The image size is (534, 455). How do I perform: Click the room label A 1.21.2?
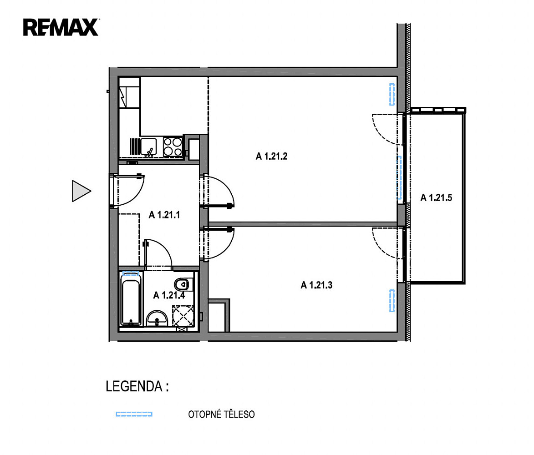click(x=271, y=156)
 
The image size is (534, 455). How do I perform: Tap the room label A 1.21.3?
click(x=316, y=285)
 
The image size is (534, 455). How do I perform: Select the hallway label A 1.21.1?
click(x=164, y=215)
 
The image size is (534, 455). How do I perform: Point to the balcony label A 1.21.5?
click(x=436, y=197)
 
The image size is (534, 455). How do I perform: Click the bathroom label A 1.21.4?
click(x=169, y=295)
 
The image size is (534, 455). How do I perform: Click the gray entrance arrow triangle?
click(x=81, y=191)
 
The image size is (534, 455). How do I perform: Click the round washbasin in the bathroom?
click(x=157, y=319)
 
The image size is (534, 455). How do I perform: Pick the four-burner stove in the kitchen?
click(x=173, y=147)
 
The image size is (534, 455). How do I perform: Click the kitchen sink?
click(x=148, y=147)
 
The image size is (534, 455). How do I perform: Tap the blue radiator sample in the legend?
click(x=134, y=414)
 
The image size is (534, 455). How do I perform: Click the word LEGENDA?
click(x=134, y=386)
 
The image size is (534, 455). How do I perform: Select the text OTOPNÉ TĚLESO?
click(x=221, y=414)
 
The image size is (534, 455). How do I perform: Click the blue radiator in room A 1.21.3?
click(x=392, y=300)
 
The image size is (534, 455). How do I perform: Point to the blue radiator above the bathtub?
click(x=131, y=273)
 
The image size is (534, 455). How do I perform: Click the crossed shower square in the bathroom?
click(x=183, y=316)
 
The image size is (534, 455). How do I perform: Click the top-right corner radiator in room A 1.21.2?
click(x=392, y=94)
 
